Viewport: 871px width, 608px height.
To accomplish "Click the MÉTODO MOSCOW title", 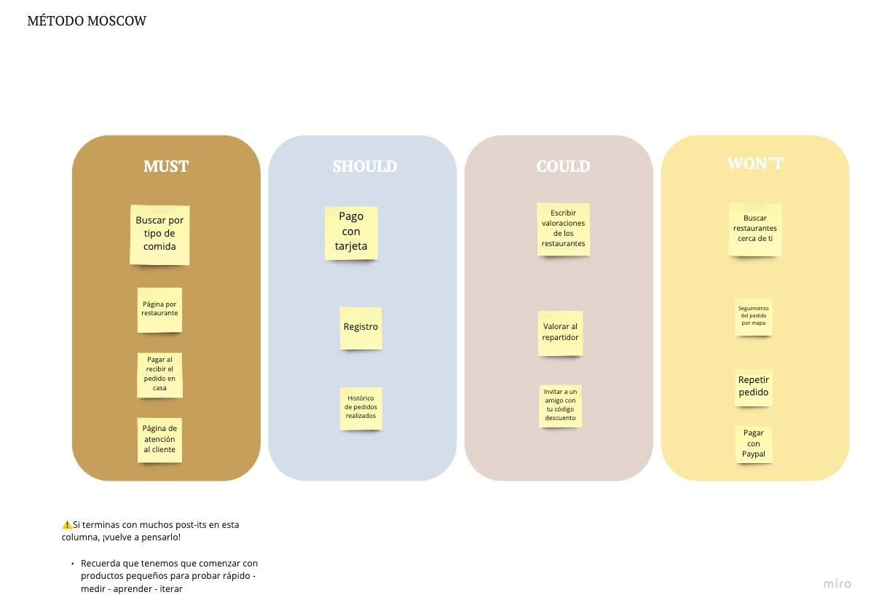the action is pos(87,21).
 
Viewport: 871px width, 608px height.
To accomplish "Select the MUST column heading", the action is pos(166,166).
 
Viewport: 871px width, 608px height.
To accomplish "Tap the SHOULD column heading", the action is pos(364,166).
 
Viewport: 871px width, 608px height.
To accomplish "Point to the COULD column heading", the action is pos(563,166).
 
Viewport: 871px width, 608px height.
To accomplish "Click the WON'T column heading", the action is pos(755,163).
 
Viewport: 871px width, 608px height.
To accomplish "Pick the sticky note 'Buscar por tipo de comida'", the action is pos(159,234).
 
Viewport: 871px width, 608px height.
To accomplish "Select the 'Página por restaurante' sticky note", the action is pos(159,310).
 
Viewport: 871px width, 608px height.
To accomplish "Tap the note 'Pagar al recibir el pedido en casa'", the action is pos(159,375).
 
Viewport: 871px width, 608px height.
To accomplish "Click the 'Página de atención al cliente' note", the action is pos(159,440).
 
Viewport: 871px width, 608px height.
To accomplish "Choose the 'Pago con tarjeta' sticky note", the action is pos(351,233).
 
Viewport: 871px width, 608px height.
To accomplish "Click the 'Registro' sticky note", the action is pos(360,328).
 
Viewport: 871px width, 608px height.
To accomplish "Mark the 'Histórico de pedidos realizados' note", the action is pos(360,408).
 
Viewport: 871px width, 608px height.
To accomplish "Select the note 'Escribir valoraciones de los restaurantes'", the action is pos(563,229).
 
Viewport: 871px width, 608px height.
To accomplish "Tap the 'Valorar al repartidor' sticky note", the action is pos(560,333).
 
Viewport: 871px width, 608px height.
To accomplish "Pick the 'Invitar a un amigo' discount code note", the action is pos(560,406).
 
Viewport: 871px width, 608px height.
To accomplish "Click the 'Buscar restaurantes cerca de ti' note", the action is pos(755,229).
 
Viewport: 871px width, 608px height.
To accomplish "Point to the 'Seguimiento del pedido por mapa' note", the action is pos(753,317).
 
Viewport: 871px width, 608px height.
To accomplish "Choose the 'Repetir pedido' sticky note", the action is pos(753,387).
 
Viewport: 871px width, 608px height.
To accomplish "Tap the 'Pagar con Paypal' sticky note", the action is pos(753,443).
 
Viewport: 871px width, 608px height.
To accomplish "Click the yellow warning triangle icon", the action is pos(67,524).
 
